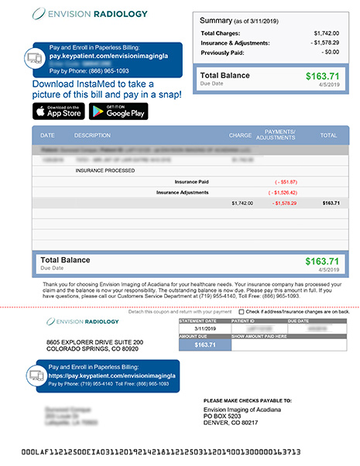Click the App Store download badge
pos(58,111)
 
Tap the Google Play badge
pos(118,111)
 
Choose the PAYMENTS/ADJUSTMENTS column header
pos(280,135)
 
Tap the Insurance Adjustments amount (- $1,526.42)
pos(283,192)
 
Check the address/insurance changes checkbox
pos(242,312)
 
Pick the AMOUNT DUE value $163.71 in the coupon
pos(204,344)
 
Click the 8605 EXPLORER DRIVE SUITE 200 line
pos(94,341)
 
